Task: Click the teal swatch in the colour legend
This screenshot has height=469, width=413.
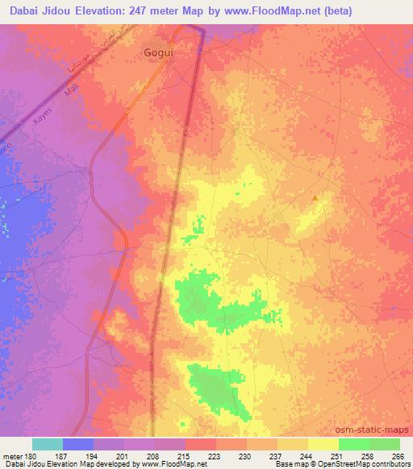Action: (48, 444)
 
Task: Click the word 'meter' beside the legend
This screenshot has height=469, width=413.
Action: (12, 455)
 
